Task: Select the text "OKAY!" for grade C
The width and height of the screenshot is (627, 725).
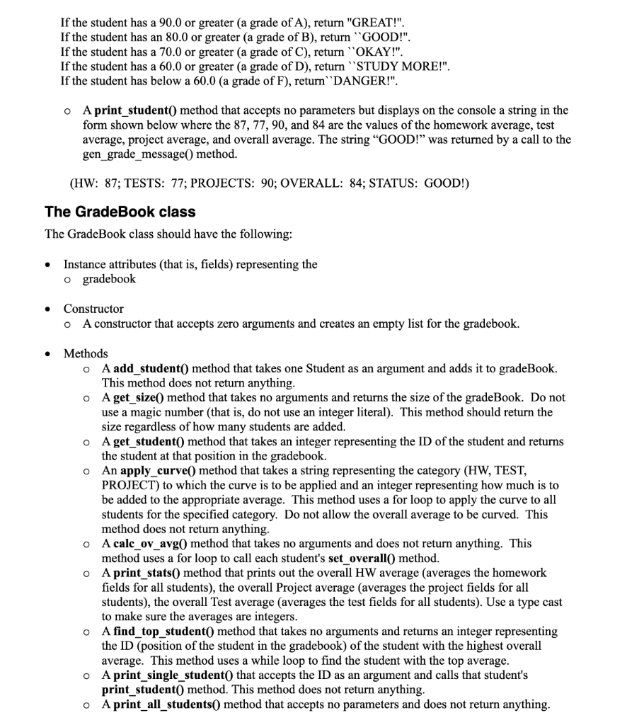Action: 381,51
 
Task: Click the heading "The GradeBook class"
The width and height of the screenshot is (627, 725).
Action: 120,212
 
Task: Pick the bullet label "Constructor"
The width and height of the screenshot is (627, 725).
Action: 93,309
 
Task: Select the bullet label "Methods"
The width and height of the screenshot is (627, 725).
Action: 86,353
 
